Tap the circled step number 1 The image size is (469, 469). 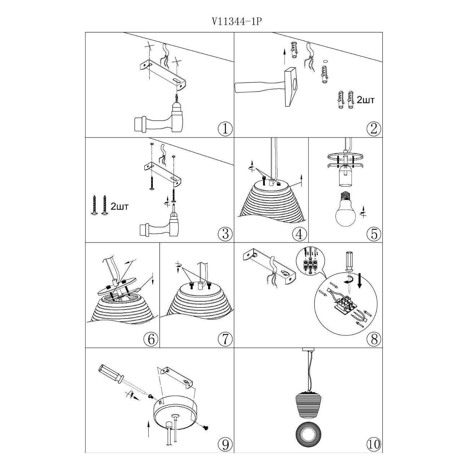[225, 128]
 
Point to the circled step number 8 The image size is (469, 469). [373, 339]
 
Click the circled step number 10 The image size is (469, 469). [373, 444]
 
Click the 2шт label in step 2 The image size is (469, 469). [365, 100]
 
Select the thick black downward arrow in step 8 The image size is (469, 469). [359, 280]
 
